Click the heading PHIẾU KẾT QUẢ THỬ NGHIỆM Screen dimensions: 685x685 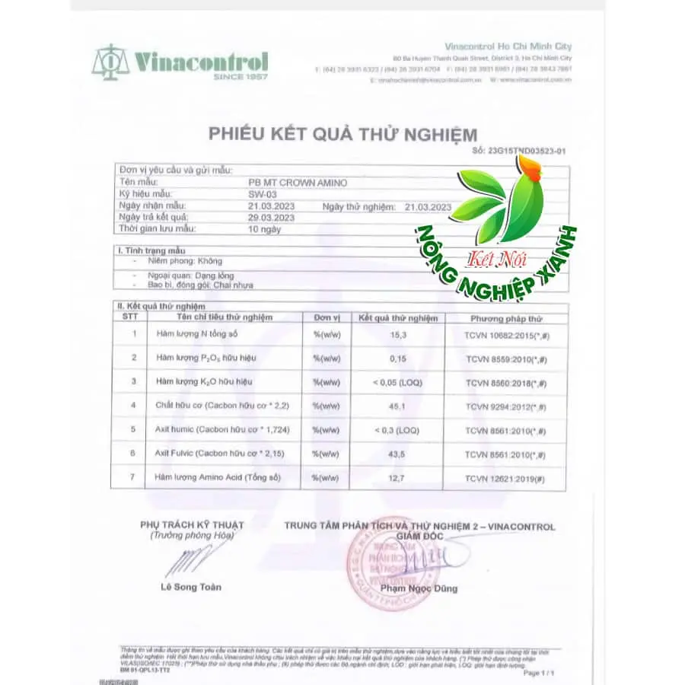point(343,135)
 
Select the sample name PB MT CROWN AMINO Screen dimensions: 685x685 point(293,183)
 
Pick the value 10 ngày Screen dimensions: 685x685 point(264,228)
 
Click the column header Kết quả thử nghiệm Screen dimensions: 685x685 point(398,317)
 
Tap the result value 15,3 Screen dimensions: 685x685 point(398,333)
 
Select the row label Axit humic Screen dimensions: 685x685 point(171,430)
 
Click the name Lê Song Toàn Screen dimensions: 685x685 point(192,587)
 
